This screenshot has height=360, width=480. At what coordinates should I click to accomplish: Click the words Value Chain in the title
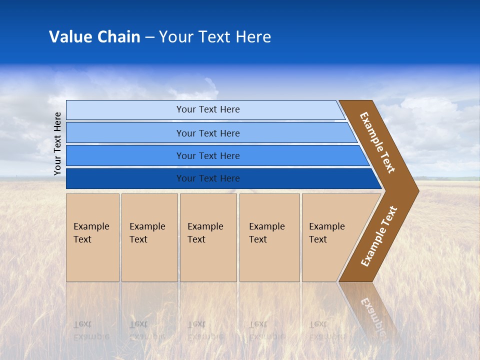pos(94,37)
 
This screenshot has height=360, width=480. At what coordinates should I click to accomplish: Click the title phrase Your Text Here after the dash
pos(215,37)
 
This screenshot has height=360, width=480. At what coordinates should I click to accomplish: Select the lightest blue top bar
pos(125,110)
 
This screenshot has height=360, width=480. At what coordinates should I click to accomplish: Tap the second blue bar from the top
pos(125,133)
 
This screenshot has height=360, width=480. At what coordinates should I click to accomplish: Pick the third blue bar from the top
pos(125,155)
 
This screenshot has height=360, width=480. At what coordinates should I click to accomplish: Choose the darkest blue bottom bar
pos(125,178)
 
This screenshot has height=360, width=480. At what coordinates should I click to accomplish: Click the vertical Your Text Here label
pos(57,143)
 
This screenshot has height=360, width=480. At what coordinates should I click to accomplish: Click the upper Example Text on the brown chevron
pos(377,142)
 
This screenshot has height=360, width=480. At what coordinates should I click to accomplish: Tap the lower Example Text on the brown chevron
pos(378,236)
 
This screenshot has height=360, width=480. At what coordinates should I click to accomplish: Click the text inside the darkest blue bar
pos(208,178)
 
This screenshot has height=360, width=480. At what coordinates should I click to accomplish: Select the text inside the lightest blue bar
pos(208,109)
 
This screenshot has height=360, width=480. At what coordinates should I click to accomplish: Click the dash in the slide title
pos(149,37)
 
